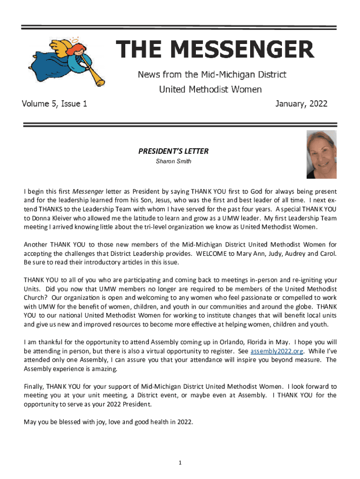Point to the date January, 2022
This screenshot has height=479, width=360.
click(x=302, y=104)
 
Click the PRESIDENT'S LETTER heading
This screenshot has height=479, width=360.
click(x=173, y=151)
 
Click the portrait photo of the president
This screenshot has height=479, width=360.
click(x=321, y=154)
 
